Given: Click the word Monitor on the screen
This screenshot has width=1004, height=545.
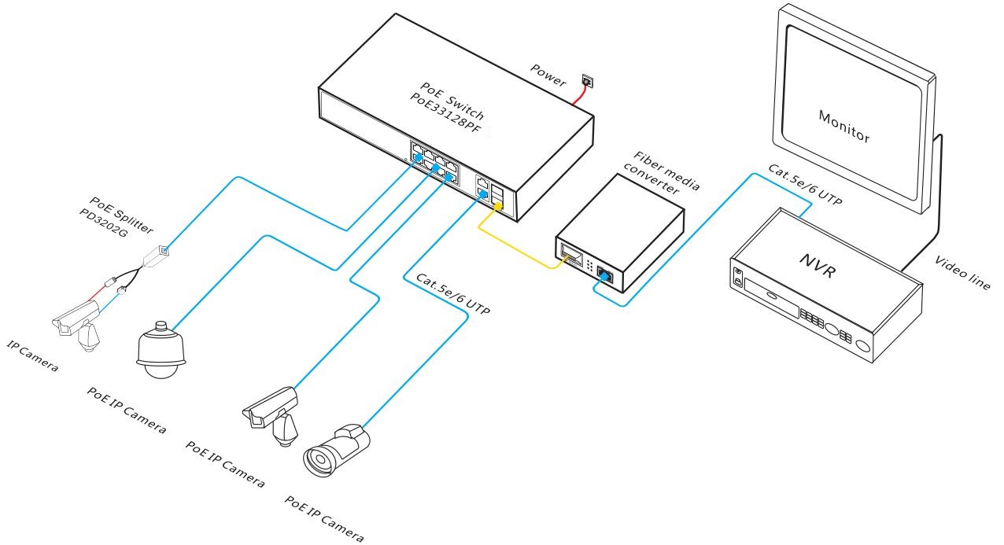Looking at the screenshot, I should tap(844, 127).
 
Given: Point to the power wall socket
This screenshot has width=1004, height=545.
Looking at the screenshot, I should tap(585, 79).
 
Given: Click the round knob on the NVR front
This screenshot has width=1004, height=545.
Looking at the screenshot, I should tap(863, 344).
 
